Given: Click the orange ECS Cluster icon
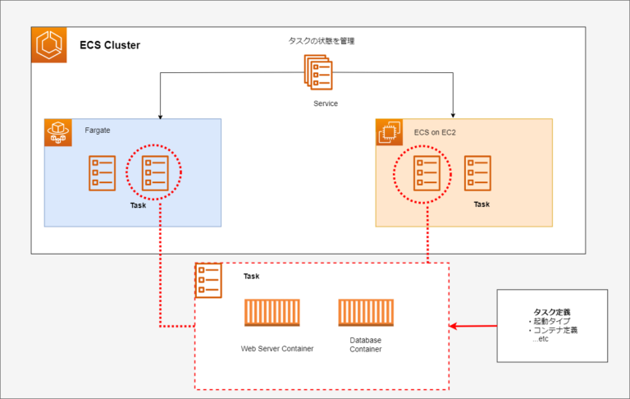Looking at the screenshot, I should (48, 44).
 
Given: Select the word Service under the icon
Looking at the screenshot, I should (325, 103).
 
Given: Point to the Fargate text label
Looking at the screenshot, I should (98, 130).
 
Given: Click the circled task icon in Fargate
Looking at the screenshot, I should (154, 172).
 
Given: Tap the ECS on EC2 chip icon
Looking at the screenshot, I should (389, 132).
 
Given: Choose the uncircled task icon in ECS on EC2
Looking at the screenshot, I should (477, 173).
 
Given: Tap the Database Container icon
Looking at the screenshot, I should (365, 315).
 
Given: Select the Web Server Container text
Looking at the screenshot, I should (276, 348).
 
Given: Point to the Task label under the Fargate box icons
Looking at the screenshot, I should (138, 205).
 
